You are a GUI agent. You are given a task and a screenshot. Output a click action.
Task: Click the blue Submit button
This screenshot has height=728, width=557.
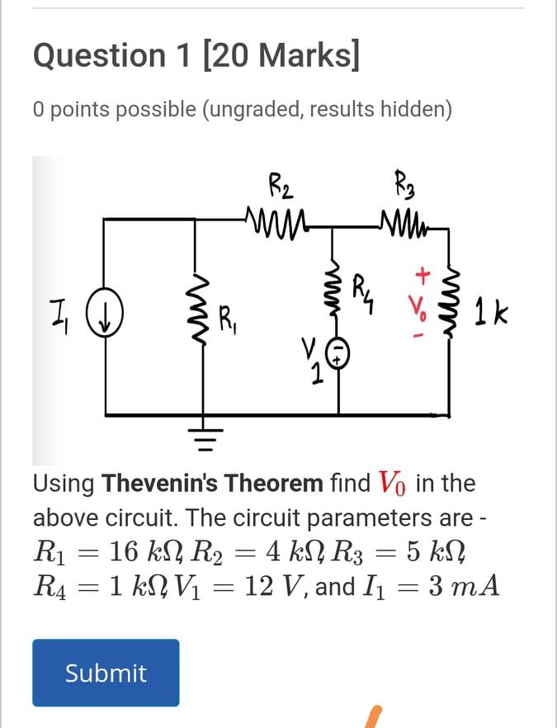pos(106,673)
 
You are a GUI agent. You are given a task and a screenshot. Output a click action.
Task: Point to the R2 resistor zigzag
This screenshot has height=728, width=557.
pos(272,220)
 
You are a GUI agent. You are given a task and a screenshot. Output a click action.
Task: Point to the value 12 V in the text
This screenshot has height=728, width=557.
pos(277,588)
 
